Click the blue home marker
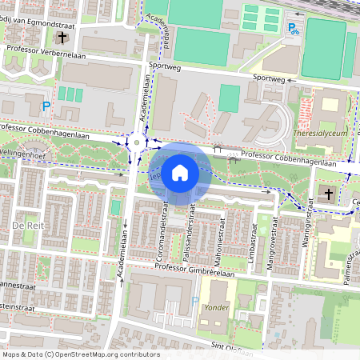click(x=180, y=173)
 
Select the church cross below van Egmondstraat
click(x=62, y=38)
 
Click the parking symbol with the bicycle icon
click(x=294, y=29)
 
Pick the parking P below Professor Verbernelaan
click(x=46, y=106)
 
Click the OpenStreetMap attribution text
click(x=80, y=354)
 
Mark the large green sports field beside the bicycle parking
click(x=326, y=48)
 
